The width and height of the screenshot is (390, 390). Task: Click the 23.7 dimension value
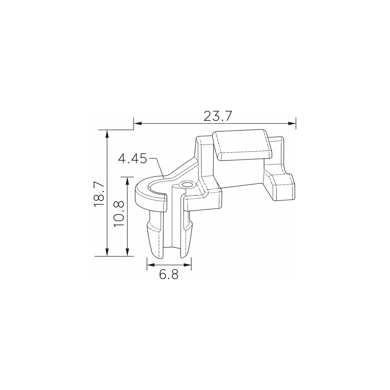coord(217,116)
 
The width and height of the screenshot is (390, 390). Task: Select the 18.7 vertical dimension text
coord(99,194)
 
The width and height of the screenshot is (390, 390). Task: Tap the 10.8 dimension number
coord(119,214)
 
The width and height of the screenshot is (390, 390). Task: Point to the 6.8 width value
coord(169,275)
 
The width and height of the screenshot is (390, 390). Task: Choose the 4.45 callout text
coord(133,158)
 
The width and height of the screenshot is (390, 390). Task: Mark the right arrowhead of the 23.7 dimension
coord(292,123)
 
